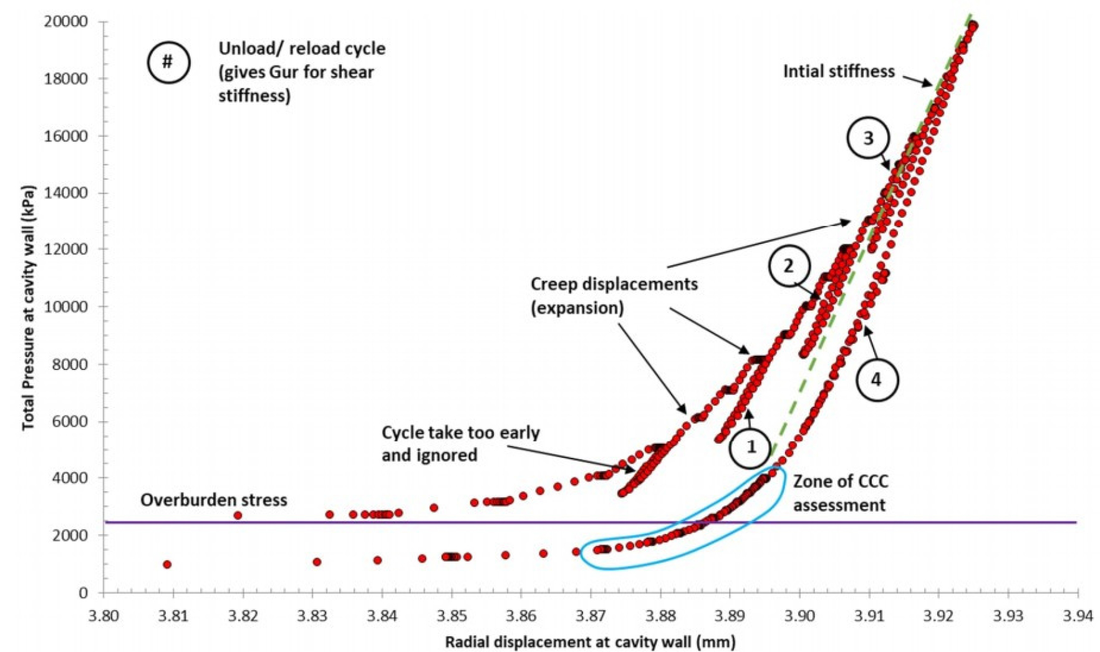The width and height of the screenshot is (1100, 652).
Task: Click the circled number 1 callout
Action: [751, 447]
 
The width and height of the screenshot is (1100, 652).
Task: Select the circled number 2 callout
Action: [789, 266]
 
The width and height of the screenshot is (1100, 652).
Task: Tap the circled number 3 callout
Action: [868, 139]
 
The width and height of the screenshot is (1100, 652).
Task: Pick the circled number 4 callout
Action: [877, 379]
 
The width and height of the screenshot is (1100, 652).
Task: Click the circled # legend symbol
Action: [168, 62]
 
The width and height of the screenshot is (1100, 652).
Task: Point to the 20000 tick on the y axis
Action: [65, 22]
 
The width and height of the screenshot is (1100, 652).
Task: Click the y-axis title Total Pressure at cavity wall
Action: [28, 308]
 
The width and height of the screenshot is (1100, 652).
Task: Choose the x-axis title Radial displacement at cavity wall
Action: [590, 641]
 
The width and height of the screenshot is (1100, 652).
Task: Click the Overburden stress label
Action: [213, 500]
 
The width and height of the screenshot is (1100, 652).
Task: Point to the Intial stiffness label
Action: [839, 72]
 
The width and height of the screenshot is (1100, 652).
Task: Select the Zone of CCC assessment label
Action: [840, 493]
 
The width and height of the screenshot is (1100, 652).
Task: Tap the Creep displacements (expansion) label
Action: [614, 296]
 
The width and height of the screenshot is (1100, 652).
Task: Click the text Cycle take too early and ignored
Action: [460, 444]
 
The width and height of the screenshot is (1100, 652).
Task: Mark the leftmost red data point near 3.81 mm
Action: [167, 565]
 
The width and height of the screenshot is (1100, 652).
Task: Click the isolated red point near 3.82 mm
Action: [238, 515]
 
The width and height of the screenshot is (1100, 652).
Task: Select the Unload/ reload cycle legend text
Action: [301, 72]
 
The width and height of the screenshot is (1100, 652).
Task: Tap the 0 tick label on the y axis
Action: [83, 593]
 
